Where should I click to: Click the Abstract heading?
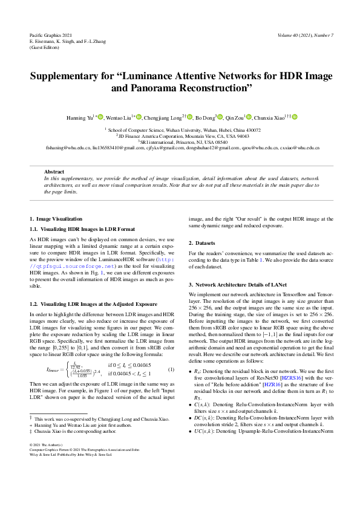(x=54, y=172)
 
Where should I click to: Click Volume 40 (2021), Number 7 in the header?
(x=305, y=35)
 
